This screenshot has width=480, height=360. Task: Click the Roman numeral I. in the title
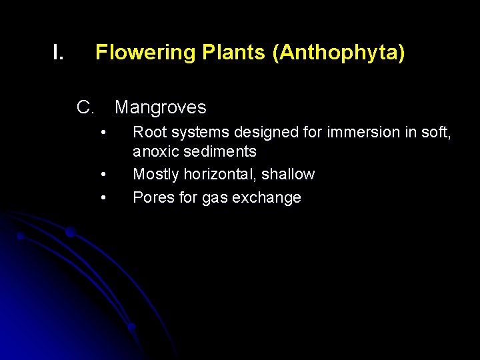pos(58,52)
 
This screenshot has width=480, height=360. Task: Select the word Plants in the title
pos(225,52)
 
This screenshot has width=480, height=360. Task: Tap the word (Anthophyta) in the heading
pos(339,52)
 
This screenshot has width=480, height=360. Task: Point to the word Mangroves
pos(161,107)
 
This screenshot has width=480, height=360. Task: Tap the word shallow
pos(288,175)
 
